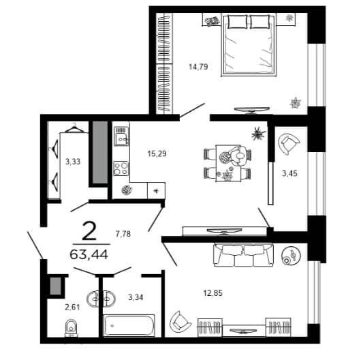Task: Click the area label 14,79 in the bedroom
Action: click(198, 67)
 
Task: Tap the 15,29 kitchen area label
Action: click(157, 153)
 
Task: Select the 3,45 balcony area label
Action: click(289, 173)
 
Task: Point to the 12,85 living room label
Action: click(213, 293)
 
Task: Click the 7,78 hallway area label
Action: click(123, 234)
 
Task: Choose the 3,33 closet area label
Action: click(73, 162)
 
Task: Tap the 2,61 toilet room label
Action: click(72, 307)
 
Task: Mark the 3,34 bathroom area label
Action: click(136, 297)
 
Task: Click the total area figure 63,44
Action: click(89, 255)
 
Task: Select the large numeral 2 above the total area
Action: click(89, 232)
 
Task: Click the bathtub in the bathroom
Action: click(129, 326)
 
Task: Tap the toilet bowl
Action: click(71, 327)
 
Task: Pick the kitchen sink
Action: click(121, 136)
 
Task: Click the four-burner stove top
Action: click(121, 168)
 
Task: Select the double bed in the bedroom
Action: click(249, 45)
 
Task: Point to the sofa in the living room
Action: click(244, 256)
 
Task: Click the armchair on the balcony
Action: click(289, 144)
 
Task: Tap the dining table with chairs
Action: click(227, 163)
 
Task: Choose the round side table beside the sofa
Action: click(291, 256)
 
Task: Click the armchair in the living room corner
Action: click(180, 322)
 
